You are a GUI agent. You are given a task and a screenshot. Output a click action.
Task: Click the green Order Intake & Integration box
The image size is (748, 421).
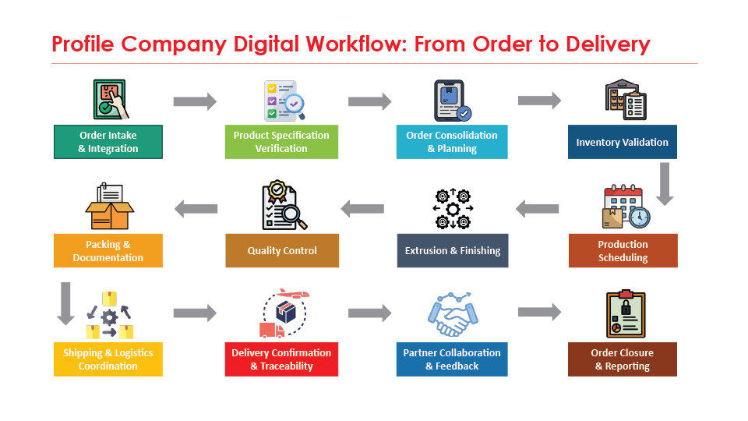coord(108,142)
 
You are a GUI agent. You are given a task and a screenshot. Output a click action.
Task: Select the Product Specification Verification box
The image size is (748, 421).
coord(281,142)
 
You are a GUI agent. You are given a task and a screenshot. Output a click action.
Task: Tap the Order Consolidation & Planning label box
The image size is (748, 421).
coord(452,142)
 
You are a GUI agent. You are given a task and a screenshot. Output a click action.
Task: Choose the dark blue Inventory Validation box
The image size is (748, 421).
coord(622,142)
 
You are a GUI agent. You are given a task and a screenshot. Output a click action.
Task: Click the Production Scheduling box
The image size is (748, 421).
coord(623,251)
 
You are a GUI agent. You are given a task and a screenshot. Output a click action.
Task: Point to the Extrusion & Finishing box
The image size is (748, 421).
coord(452,251)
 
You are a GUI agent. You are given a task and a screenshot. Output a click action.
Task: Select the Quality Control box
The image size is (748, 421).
coord(282,251)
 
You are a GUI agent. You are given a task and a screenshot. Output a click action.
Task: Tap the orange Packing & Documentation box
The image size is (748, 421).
coord(108,251)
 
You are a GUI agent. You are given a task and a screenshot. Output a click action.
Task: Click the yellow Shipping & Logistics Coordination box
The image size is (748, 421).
coord(108,359)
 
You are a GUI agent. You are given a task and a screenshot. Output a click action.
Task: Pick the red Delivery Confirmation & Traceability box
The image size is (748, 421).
coord(281,359)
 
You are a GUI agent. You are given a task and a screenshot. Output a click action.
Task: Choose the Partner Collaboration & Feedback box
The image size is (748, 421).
coord(452,359)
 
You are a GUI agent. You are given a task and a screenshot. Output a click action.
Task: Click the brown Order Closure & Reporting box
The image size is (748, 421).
coord(622,359)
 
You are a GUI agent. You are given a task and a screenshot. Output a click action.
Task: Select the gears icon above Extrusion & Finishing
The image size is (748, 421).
coord(452,208)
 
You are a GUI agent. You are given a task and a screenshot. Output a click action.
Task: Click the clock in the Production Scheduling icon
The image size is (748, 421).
coord(639,217)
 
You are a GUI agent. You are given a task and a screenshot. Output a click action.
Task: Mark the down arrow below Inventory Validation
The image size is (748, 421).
coord(664,182)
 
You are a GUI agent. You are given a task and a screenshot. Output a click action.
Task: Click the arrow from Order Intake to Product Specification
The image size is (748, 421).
coord(194,101)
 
